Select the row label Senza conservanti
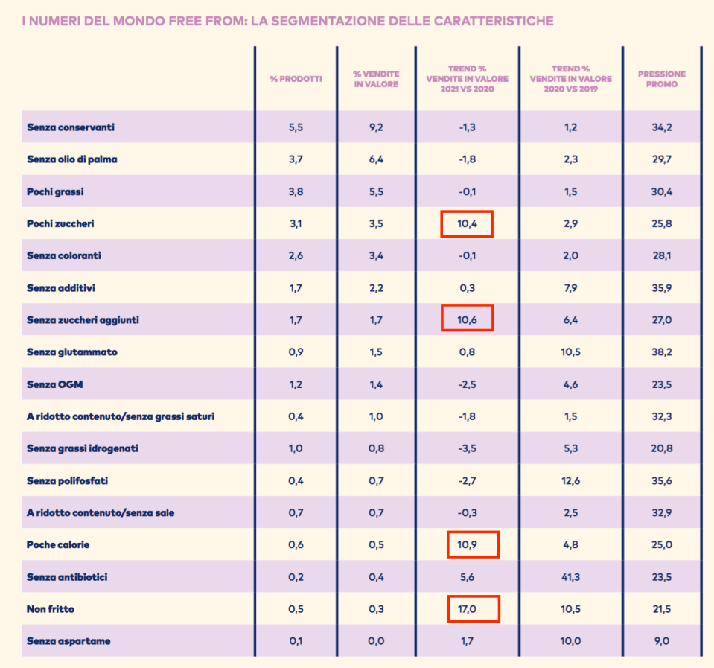71,127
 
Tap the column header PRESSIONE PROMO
662,79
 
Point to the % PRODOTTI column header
296,79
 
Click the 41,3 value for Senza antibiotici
571,577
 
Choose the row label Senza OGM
51,384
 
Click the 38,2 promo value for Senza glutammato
662,352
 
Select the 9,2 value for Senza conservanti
376,127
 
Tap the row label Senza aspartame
68,641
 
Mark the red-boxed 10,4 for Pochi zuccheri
468,223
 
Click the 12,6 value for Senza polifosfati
571,481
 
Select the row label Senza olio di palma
72,159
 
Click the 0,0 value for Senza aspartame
376,641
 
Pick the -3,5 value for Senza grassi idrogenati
468,449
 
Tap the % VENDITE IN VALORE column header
376,79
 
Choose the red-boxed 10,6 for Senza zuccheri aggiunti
468,320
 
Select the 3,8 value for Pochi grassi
296,191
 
